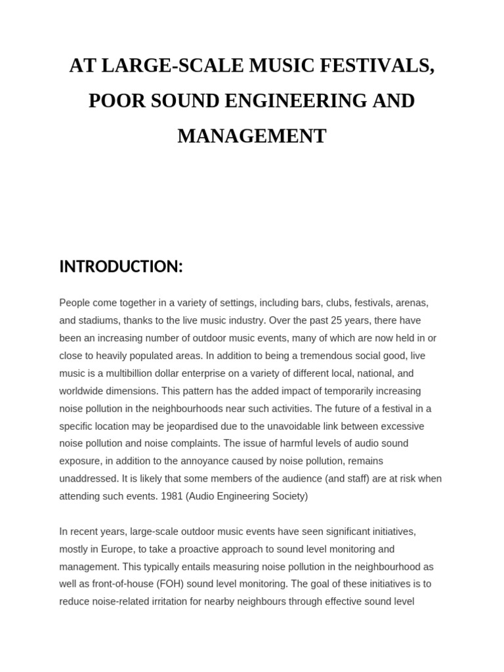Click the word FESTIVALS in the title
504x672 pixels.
[x=376, y=66]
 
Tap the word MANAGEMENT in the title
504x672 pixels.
[x=252, y=136]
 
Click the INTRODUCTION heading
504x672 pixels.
[x=121, y=266]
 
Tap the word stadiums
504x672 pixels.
[x=98, y=320]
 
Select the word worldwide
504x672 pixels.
[x=87, y=390]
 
